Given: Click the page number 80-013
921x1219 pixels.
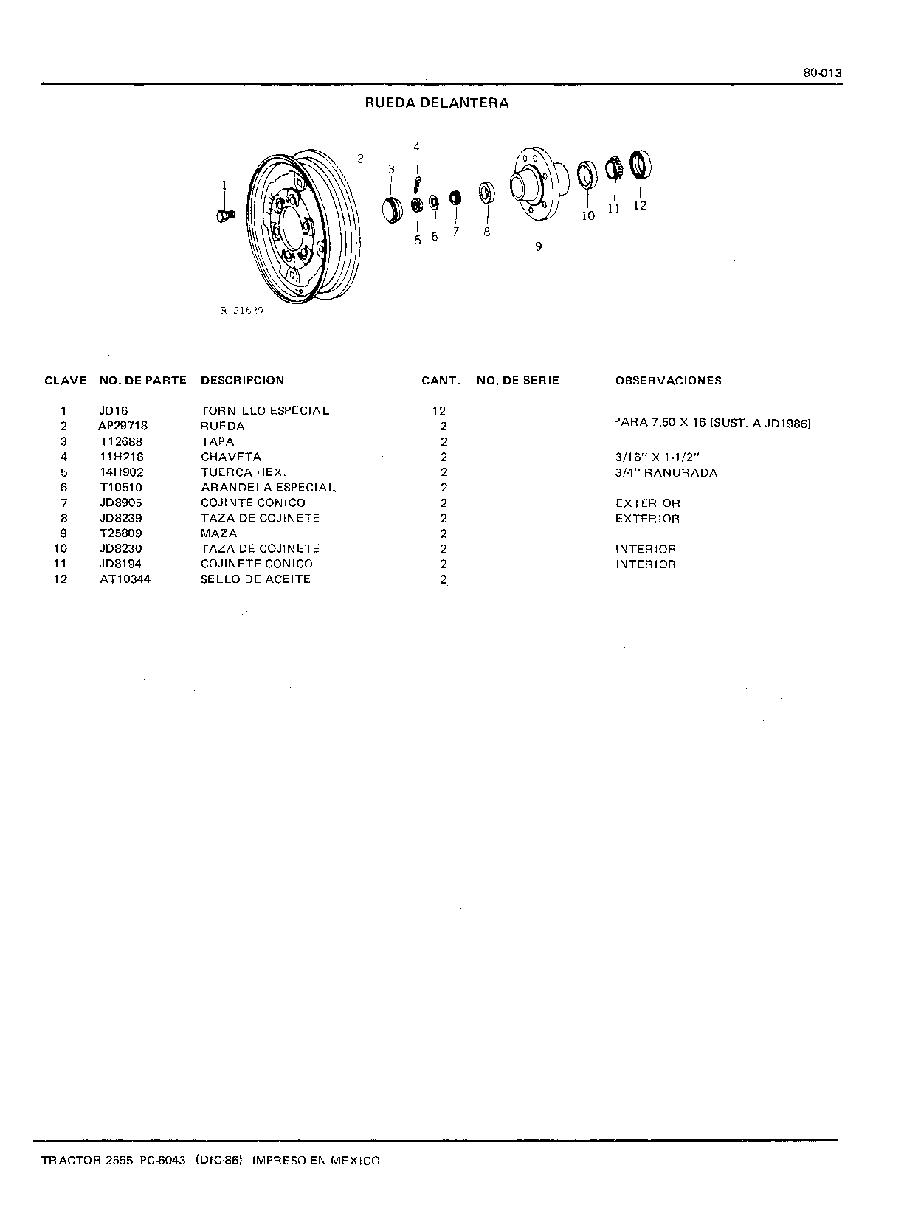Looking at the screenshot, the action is pyautogui.click(x=822, y=73).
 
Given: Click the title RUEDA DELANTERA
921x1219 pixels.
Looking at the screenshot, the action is pyautogui.click(x=436, y=103).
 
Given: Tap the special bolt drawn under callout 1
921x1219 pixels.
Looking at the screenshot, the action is pyautogui.click(x=225, y=215).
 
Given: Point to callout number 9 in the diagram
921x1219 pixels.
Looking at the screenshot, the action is pyautogui.click(x=539, y=246).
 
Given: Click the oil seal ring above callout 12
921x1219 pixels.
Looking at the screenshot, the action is pyautogui.click(x=640, y=165).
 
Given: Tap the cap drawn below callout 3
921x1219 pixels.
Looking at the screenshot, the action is pyautogui.click(x=393, y=210).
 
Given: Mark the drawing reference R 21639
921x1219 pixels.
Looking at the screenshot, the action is pyautogui.click(x=241, y=311).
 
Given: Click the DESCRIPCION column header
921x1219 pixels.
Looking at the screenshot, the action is pyautogui.click(x=242, y=381).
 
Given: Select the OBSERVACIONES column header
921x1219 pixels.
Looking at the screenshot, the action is pyautogui.click(x=669, y=381).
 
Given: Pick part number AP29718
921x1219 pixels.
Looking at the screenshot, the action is pyautogui.click(x=123, y=426).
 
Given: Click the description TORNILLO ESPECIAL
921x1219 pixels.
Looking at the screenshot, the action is pyautogui.click(x=265, y=410).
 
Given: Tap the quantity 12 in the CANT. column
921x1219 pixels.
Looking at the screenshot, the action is pyautogui.click(x=438, y=411).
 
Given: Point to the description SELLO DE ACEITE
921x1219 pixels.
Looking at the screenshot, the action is pyautogui.click(x=255, y=579).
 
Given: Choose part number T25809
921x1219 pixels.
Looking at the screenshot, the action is pyautogui.click(x=121, y=533).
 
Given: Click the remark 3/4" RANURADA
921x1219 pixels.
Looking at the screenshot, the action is pyautogui.click(x=666, y=472).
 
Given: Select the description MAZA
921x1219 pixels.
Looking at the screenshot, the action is pyautogui.click(x=218, y=533).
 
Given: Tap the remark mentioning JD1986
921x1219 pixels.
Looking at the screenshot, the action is pyautogui.click(x=712, y=423).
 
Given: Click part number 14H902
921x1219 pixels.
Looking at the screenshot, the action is pyautogui.click(x=122, y=472).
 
